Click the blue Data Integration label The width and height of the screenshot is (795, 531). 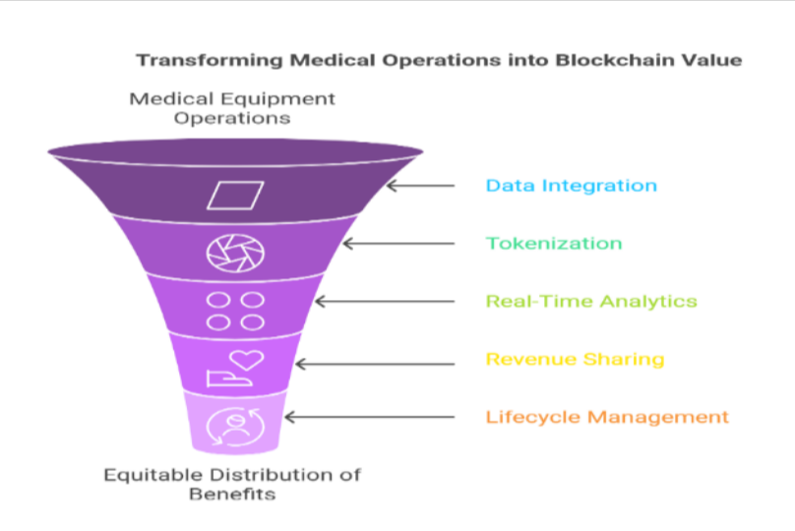click(x=571, y=185)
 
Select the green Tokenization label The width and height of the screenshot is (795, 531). click(x=554, y=243)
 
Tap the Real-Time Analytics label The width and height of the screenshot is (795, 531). click(x=591, y=301)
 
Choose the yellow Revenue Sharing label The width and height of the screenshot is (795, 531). click(x=575, y=359)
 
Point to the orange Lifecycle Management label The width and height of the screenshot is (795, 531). click(x=607, y=417)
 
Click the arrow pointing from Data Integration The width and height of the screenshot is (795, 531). click(x=420, y=185)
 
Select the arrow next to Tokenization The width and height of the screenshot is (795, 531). click(x=398, y=243)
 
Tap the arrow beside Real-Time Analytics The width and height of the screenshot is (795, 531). click(x=384, y=301)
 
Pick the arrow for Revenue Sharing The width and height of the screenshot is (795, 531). click(x=375, y=364)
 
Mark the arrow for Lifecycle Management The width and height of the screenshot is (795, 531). click(x=369, y=417)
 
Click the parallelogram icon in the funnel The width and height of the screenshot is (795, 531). click(x=235, y=195)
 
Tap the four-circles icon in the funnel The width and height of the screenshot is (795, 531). click(x=236, y=310)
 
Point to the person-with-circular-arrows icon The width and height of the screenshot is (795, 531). click(x=234, y=426)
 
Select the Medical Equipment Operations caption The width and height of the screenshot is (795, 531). click(x=232, y=108)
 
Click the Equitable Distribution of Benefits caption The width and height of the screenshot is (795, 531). click(x=232, y=484)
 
